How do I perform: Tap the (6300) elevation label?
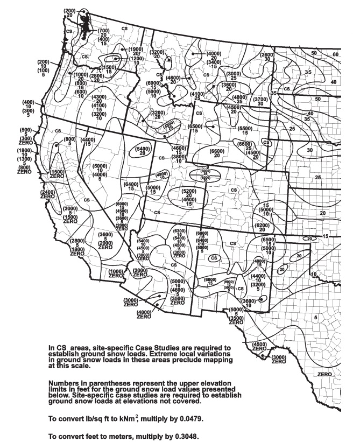click(x=180, y=231)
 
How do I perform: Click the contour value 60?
click(x=336, y=54)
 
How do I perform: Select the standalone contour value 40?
click(x=334, y=82)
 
